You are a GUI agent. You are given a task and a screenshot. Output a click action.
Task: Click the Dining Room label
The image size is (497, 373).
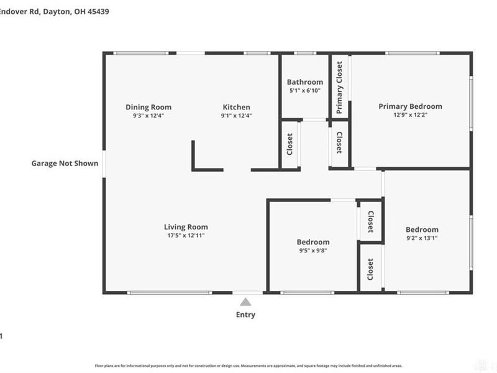[x=148, y=107]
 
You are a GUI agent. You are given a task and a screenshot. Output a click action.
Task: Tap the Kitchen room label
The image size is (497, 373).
[x=236, y=107]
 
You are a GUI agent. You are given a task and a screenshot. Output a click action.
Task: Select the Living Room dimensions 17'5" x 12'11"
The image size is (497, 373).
[x=186, y=236]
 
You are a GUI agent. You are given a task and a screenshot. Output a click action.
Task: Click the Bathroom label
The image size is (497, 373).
[x=304, y=82]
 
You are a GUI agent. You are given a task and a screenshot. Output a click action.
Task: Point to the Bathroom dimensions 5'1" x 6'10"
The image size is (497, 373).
[x=304, y=91]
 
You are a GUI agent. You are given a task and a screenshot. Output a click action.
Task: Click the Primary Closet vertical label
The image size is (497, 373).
[x=339, y=89]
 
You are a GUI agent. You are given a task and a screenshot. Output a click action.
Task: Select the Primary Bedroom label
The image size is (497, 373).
[x=410, y=106]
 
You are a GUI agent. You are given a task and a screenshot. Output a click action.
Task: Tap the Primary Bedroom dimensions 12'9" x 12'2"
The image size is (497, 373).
[x=410, y=114]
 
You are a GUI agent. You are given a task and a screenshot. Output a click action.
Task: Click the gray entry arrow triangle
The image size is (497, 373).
[x=245, y=302]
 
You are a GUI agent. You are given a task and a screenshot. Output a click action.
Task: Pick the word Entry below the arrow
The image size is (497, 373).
[x=245, y=315]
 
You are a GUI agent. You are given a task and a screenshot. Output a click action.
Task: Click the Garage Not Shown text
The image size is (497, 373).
[x=65, y=163]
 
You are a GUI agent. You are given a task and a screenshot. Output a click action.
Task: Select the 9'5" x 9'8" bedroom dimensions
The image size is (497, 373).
[x=312, y=251]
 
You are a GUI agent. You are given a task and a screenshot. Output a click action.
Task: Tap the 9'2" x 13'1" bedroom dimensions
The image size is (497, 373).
[x=422, y=238]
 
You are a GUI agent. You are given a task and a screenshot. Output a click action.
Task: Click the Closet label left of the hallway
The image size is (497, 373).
[x=290, y=145]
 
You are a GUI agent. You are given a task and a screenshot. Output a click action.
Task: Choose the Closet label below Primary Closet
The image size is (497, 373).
[x=339, y=142]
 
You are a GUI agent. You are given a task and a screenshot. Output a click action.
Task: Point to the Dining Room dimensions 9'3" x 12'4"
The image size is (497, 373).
[x=148, y=115]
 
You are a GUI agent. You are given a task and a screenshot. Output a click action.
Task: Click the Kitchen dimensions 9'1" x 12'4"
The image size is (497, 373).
[x=236, y=115]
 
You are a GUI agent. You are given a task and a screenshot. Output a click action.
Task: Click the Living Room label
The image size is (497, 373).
[x=186, y=227]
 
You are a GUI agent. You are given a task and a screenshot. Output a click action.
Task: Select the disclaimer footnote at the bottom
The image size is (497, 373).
[x=248, y=366]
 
